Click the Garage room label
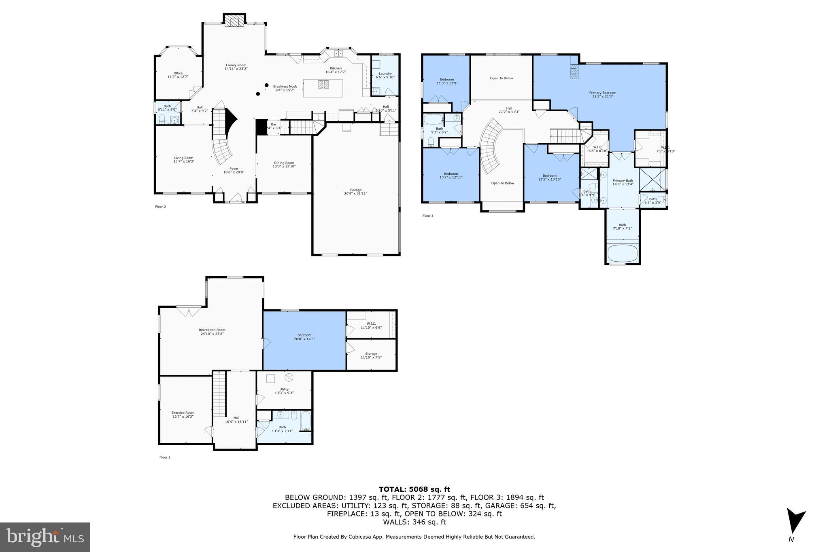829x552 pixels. click(x=355, y=192)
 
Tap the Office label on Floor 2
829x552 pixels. click(x=178, y=75)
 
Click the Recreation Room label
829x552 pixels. click(x=212, y=332)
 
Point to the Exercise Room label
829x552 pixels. click(x=183, y=414)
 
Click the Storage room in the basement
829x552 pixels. click(x=371, y=355)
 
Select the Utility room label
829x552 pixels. click(x=284, y=391)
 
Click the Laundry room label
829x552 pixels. click(x=385, y=75)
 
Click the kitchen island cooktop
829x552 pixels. click(x=323, y=85)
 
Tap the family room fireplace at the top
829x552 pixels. click(x=234, y=21)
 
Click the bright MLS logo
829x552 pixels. click(x=45, y=537)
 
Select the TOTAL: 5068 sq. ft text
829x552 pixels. click(x=414, y=489)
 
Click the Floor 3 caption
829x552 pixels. click(x=427, y=216)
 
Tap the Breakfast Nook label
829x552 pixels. click(x=285, y=88)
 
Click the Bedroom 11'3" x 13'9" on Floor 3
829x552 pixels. click(x=447, y=81)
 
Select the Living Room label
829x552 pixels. click(x=184, y=159)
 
